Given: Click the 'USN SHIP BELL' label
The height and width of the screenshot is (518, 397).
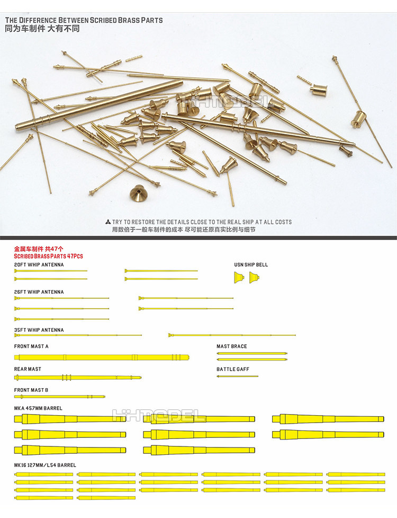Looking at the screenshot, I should click(x=251, y=265).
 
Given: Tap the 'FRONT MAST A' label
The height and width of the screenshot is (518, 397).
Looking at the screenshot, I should click(x=31, y=346).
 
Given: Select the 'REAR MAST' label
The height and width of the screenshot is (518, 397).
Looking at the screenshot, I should click(x=28, y=369).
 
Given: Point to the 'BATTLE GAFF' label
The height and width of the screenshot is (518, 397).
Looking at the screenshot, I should click(x=232, y=369).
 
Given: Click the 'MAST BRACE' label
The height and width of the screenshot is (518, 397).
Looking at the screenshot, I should click(x=231, y=346).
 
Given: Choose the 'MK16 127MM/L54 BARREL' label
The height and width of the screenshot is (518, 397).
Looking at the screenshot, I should click(x=45, y=465).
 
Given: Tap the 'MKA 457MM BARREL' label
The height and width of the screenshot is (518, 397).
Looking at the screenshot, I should click(x=38, y=408).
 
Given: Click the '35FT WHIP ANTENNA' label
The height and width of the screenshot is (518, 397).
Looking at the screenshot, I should click(x=39, y=330).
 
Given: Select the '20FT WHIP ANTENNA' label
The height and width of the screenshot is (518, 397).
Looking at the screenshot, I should click(x=39, y=265).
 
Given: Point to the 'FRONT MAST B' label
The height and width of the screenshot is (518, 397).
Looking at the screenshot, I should click(x=31, y=390).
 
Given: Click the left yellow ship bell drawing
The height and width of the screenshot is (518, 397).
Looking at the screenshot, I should click(x=239, y=277).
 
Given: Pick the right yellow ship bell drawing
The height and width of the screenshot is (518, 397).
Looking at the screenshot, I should click(x=255, y=277).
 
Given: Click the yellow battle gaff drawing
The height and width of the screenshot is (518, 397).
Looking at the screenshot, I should click(x=237, y=376).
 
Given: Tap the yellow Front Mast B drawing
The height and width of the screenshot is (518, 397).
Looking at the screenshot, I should click(x=59, y=396).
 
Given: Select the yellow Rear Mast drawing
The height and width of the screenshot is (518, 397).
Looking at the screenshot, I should click(x=78, y=377).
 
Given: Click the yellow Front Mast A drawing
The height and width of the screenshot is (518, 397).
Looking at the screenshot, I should click(x=101, y=357).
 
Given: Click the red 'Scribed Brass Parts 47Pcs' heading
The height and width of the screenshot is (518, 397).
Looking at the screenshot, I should click(x=48, y=256).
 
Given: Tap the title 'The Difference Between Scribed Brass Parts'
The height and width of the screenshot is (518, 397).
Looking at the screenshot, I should click(x=84, y=20).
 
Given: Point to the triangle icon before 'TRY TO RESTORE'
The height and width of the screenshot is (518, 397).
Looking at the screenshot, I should click(x=108, y=222).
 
